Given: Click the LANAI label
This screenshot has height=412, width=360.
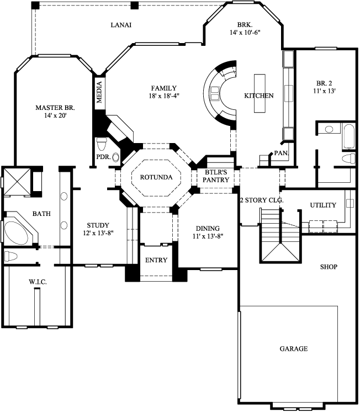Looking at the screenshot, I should point(120,25).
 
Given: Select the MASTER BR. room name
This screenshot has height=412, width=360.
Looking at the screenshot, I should point(55,107).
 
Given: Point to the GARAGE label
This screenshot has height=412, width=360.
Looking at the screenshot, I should point(293,348).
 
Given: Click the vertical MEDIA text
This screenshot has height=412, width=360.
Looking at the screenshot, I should point(100,92).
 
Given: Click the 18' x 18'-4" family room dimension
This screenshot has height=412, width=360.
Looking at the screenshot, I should point(163,96).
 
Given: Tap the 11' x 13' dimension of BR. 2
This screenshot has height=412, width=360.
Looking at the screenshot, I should point(325,90).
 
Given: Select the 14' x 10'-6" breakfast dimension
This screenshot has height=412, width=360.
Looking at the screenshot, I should point(244,33).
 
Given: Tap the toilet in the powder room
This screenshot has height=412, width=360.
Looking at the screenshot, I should point(101,145).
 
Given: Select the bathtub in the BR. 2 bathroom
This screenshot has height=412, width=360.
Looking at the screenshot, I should point(349,136).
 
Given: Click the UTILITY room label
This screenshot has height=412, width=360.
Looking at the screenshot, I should point(322,205).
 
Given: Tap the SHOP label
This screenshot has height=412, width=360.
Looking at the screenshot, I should point(328,267).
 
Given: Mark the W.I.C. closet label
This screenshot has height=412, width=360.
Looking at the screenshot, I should point(37,282).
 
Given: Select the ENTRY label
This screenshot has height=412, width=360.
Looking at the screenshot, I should point(156,260).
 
